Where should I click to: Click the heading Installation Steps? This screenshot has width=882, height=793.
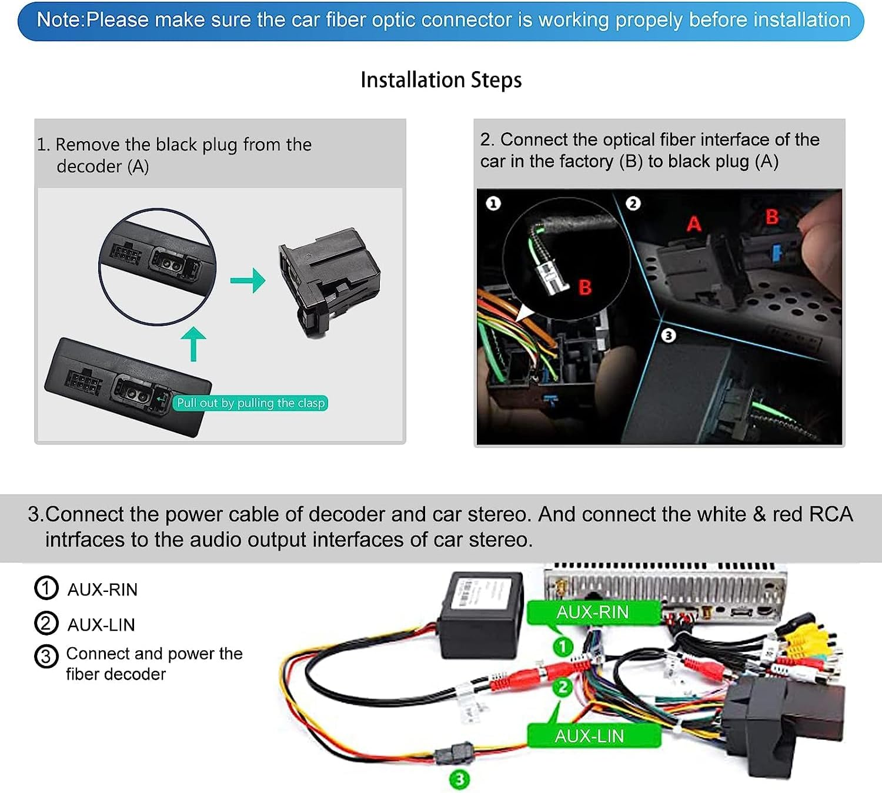441,80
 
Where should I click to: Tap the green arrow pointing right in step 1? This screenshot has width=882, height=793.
248,280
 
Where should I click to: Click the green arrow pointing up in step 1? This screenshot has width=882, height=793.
193,343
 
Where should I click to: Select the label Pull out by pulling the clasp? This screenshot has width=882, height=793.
251,403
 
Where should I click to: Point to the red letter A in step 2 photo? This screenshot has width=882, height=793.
694,224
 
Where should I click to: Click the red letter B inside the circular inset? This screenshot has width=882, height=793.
584,287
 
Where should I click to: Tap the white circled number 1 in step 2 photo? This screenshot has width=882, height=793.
493,203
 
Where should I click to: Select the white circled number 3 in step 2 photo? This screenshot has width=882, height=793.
668,336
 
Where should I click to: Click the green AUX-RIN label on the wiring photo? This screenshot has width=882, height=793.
593,613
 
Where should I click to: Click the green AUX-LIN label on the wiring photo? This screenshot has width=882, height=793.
590,736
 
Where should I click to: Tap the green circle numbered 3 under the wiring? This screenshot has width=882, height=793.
459,779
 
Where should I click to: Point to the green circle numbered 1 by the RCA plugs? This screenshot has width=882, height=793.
562,647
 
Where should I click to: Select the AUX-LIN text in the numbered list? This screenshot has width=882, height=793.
101,625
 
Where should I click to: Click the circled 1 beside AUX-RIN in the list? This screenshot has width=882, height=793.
46,588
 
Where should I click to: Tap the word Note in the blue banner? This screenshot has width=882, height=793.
59,20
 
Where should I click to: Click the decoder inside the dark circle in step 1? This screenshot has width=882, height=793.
158,264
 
